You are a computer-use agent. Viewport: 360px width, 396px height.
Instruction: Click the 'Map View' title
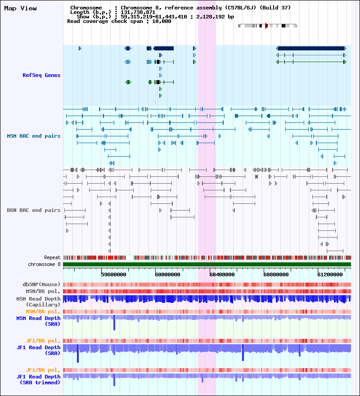[x=21, y=9]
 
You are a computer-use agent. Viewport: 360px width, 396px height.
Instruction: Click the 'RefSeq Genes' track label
[x=41, y=75]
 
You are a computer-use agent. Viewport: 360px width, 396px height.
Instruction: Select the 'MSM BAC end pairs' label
[x=34, y=136]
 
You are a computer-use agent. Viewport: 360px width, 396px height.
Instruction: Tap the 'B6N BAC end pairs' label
[x=34, y=210]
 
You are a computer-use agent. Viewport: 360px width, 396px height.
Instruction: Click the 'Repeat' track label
[x=52, y=257]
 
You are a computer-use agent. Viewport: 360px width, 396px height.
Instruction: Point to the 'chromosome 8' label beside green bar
[x=44, y=264]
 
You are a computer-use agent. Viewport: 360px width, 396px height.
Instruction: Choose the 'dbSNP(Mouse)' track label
[x=41, y=284]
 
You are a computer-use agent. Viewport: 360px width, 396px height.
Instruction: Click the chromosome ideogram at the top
[x=268, y=26]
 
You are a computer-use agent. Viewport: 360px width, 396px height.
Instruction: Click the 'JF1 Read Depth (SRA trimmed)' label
[x=39, y=379]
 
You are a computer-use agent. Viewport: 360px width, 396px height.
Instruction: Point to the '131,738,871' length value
[x=138, y=12]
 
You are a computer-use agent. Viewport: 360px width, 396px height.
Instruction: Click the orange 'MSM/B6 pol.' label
[x=43, y=311]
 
